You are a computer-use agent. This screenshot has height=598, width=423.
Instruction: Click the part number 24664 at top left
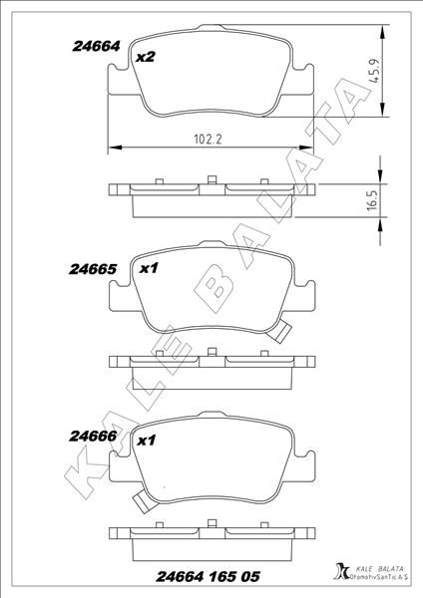point(96,45)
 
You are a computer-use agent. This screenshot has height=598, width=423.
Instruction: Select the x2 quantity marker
point(146,57)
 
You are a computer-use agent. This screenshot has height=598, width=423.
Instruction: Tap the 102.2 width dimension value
point(208,141)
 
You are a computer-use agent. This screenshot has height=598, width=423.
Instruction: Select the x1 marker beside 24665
point(150,269)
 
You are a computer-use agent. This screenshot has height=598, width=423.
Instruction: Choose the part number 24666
point(95,436)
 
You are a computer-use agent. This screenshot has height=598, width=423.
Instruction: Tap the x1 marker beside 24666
point(146,440)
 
